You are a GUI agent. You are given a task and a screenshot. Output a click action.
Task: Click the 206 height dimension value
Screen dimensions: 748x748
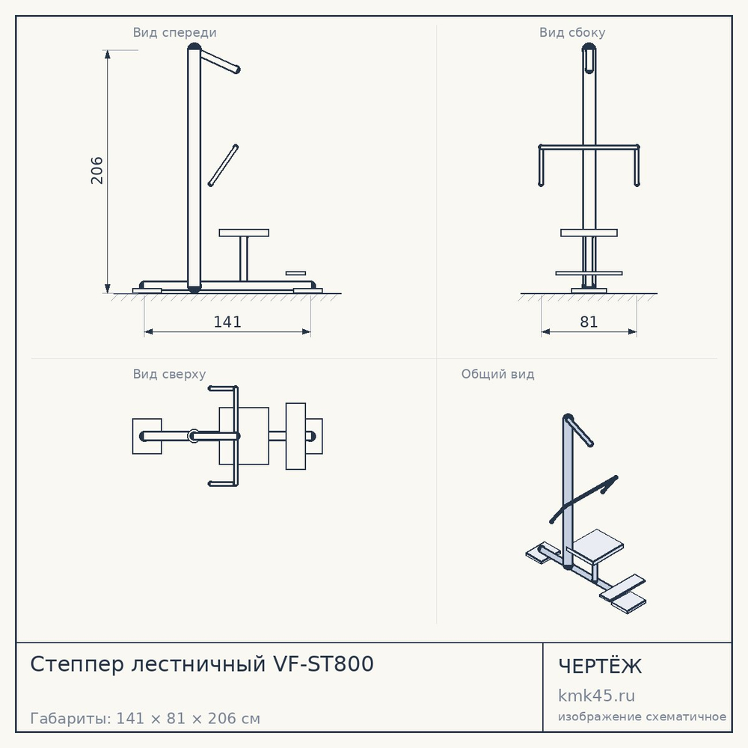(x=96, y=171)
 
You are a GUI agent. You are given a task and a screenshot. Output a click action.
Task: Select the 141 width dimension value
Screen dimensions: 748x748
(x=227, y=322)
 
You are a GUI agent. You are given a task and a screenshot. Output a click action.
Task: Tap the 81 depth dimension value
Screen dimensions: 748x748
(x=589, y=322)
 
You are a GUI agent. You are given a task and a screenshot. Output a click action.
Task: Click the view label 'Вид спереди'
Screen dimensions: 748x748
(x=174, y=32)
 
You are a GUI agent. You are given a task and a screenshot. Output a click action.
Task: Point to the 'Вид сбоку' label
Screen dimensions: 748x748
(x=572, y=32)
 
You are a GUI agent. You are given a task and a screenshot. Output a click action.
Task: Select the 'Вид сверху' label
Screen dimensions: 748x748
(x=169, y=374)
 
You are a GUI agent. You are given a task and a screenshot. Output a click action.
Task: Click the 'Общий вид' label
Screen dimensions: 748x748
(x=497, y=374)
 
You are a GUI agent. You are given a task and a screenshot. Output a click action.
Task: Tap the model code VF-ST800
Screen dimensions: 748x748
(x=323, y=664)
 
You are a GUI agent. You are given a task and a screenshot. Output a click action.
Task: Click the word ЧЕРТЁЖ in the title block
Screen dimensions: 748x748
(x=600, y=666)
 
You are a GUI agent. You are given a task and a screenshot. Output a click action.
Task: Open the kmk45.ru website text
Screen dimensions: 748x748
(x=596, y=696)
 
